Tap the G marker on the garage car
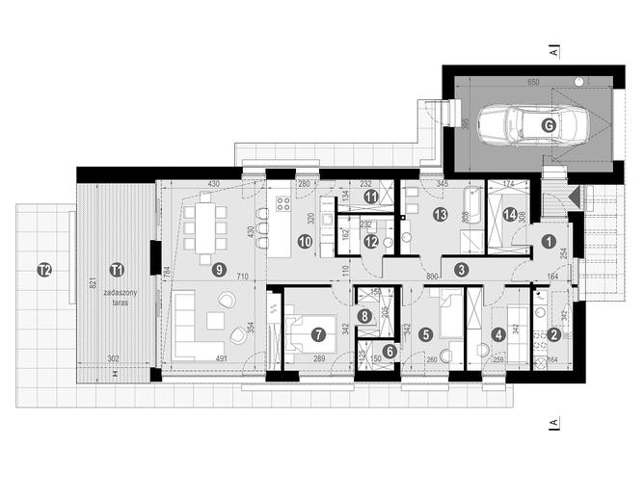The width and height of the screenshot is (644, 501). (x=549, y=124)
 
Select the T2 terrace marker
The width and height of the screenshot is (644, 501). (x=42, y=269)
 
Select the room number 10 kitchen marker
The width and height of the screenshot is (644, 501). (x=304, y=242)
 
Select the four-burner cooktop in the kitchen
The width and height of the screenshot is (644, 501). (x=284, y=203)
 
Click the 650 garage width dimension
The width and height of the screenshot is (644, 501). (x=532, y=84)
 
